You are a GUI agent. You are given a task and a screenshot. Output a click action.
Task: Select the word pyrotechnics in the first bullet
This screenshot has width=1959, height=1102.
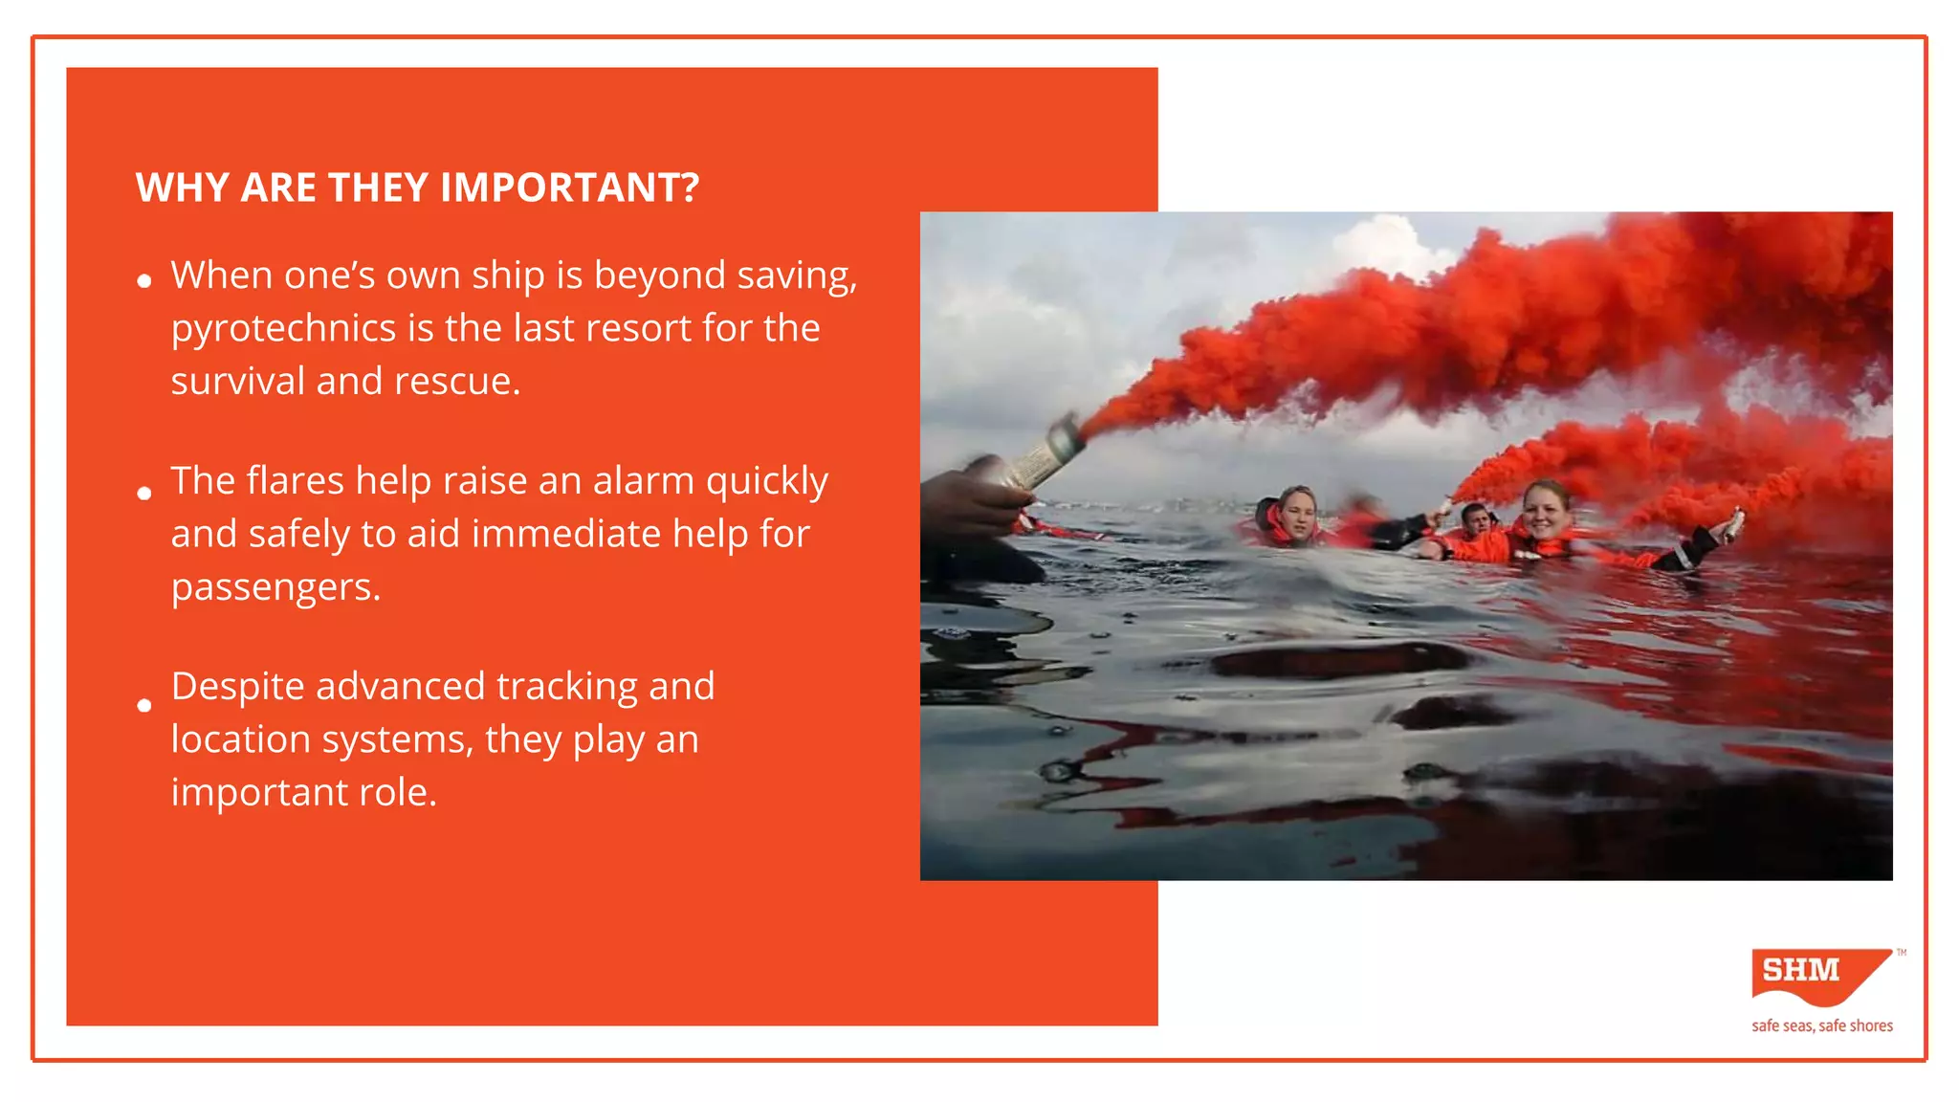[x=283, y=329]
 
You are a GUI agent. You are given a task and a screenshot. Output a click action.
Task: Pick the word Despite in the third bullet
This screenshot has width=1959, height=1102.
[x=237, y=687]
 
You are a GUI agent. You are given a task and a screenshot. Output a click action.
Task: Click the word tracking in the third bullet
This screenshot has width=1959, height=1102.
[x=566, y=687]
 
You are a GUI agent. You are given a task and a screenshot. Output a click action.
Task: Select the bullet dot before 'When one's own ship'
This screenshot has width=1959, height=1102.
[x=144, y=280]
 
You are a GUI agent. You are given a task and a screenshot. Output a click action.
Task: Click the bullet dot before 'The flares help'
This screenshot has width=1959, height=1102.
[x=144, y=494]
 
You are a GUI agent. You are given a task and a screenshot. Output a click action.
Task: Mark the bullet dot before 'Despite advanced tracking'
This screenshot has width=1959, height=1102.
[x=144, y=706]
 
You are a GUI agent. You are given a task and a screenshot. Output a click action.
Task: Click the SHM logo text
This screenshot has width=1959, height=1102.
[x=1801, y=970]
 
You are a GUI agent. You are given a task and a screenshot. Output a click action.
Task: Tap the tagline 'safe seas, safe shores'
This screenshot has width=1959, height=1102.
[x=1821, y=1025]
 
